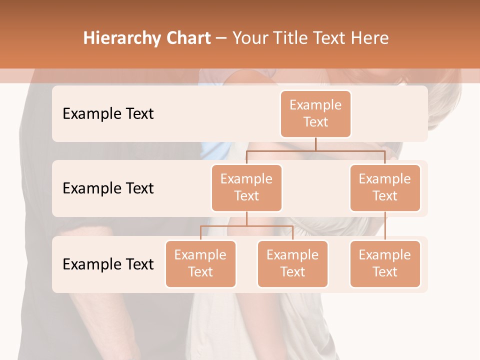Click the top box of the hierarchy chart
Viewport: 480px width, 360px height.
pos(315,113)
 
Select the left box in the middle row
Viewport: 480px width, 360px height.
pos(246,187)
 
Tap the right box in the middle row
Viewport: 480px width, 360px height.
pos(385,187)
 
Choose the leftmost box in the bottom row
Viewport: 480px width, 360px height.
pos(200,263)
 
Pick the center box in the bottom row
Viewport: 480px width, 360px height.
pos(292,263)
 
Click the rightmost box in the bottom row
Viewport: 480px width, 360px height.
pos(385,263)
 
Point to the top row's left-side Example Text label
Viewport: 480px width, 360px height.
pos(108,114)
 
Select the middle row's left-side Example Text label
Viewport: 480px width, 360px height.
pos(108,188)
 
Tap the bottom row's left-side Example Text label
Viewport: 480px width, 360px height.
pos(108,264)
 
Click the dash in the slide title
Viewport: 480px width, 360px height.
pos(221,39)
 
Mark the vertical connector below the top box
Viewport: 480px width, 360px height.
pos(315,144)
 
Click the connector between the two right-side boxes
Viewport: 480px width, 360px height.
pos(385,226)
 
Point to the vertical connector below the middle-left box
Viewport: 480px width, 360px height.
pos(246,218)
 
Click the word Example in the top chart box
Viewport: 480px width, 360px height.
pos(315,105)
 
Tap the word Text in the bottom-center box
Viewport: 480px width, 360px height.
pos(292,272)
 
